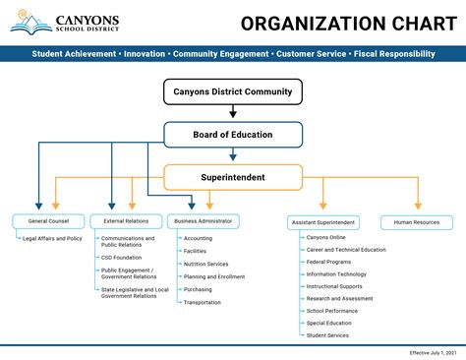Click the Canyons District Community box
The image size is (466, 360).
[x=233, y=92]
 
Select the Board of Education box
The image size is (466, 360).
[x=233, y=135]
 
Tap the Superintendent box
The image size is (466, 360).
[x=233, y=178]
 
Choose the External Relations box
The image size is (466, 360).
[x=126, y=221]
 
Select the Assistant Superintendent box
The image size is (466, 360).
[x=323, y=222]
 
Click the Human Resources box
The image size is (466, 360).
[x=417, y=222]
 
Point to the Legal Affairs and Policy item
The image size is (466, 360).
[x=52, y=238]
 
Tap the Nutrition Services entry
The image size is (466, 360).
[x=205, y=264]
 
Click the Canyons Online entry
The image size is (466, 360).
[x=325, y=237]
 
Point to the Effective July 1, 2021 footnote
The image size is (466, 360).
[x=433, y=352]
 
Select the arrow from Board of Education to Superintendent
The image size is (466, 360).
[x=233, y=155]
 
